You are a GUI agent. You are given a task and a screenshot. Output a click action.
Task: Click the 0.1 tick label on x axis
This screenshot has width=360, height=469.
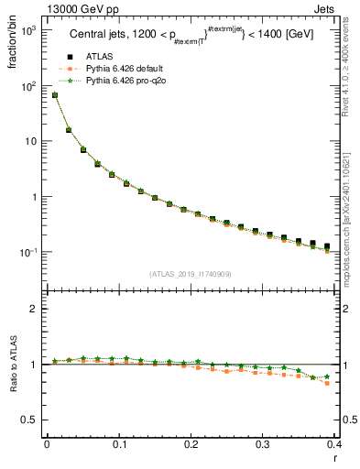119,445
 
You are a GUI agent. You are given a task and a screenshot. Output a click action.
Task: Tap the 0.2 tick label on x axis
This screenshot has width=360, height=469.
191,445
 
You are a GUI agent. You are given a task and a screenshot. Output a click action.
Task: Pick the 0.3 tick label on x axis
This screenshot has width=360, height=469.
264,445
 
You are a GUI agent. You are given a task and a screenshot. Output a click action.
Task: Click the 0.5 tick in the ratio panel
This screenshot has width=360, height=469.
32,420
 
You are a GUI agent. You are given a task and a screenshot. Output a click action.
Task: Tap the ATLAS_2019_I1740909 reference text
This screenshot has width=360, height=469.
191,274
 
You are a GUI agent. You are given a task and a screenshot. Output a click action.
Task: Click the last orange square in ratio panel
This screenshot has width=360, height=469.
327,383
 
